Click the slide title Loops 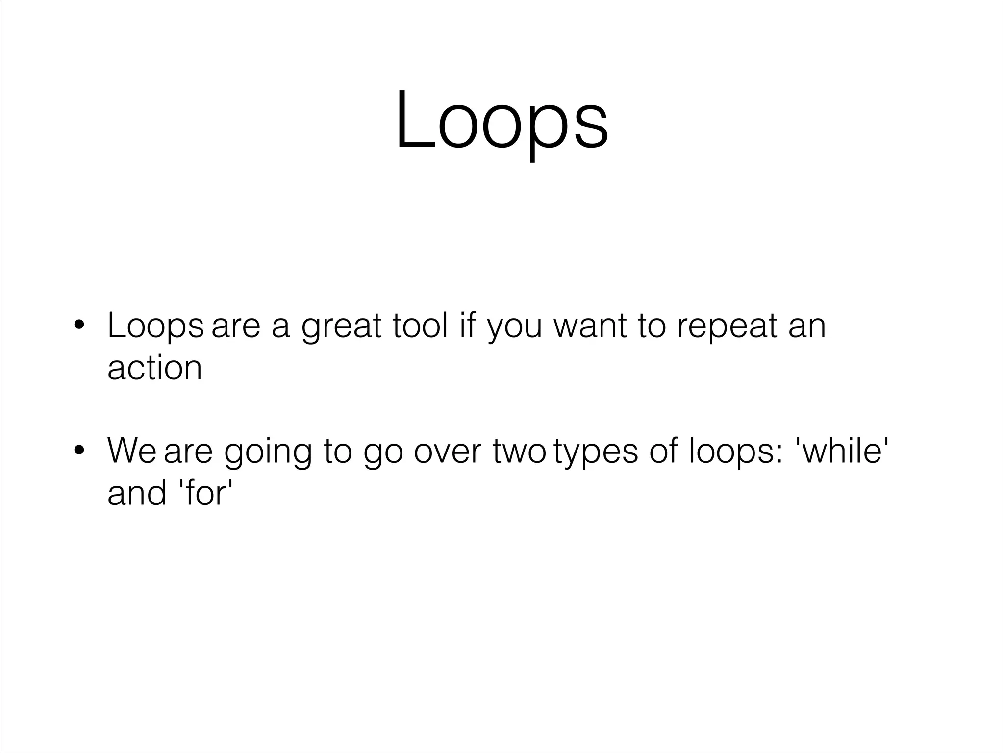pyautogui.click(x=502, y=122)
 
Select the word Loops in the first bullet pyautogui.click(x=155, y=326)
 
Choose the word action pyautogui.click(x=154, y=368)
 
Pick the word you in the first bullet pyautogui.click(x=515, y=326)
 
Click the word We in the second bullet pyautogui.click(x=131, y=451)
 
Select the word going pyautogui.click(x=268, y=451)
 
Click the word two pyautogui.click(x=519, y=451)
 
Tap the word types pyautogui.click(x=596, y=451)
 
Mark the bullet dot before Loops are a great pyautogui.click(x=78, y=326)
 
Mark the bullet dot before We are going pyautogui.click(x=78, y=451)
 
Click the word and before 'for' pyautogui.click(x=137, y=493)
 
